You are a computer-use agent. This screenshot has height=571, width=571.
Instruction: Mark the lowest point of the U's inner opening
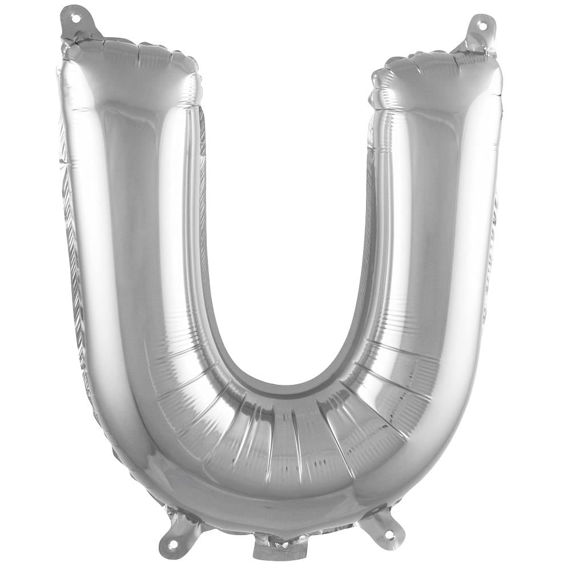(x=285, y=381)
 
